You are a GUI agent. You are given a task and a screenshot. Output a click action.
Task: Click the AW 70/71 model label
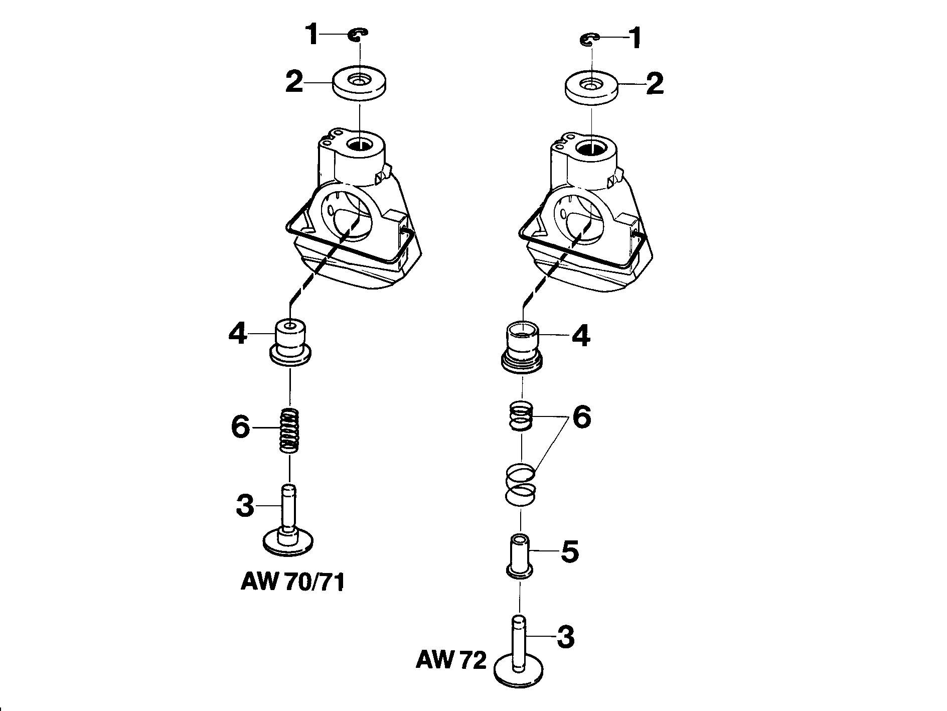click(292, 583)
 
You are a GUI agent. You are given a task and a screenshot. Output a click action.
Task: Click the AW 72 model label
click(451, 660)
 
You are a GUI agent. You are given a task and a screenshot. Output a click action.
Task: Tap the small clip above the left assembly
click(359, 34)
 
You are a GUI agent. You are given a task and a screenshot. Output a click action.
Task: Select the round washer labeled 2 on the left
click(360, 85)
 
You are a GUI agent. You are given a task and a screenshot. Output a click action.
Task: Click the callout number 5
click(569, 552)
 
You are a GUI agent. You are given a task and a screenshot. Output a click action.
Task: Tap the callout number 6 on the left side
click(240, 426)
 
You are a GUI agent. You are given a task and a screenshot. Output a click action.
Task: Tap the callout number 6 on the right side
click(582, 417)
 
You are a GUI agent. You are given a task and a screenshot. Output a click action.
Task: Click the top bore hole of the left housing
click(360, 145)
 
